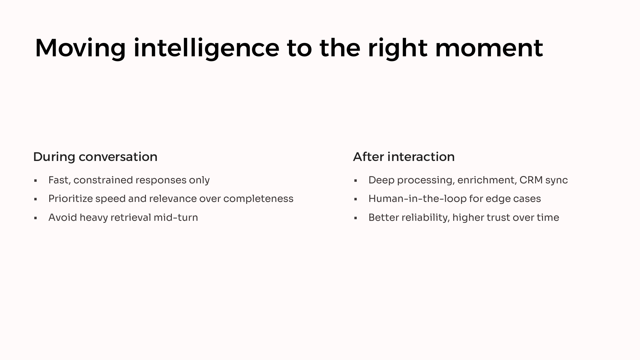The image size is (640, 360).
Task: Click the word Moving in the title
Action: click(80, 48)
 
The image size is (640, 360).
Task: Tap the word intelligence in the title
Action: click(206, 48)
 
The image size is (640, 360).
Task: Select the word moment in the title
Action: click(489, 48)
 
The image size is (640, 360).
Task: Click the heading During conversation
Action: click(95, 157)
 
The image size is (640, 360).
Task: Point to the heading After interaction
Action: click(404, 157)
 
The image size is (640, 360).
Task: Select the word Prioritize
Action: click(70, 199)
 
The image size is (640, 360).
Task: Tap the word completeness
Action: click(258, 199)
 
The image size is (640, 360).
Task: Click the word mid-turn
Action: click(176, 218)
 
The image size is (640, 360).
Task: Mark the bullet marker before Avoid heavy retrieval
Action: click(36, 218)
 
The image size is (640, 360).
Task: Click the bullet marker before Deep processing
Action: click(356, 181)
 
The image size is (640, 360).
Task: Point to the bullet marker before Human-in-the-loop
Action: click(356, 199)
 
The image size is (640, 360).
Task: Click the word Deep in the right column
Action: click(381, 180)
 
